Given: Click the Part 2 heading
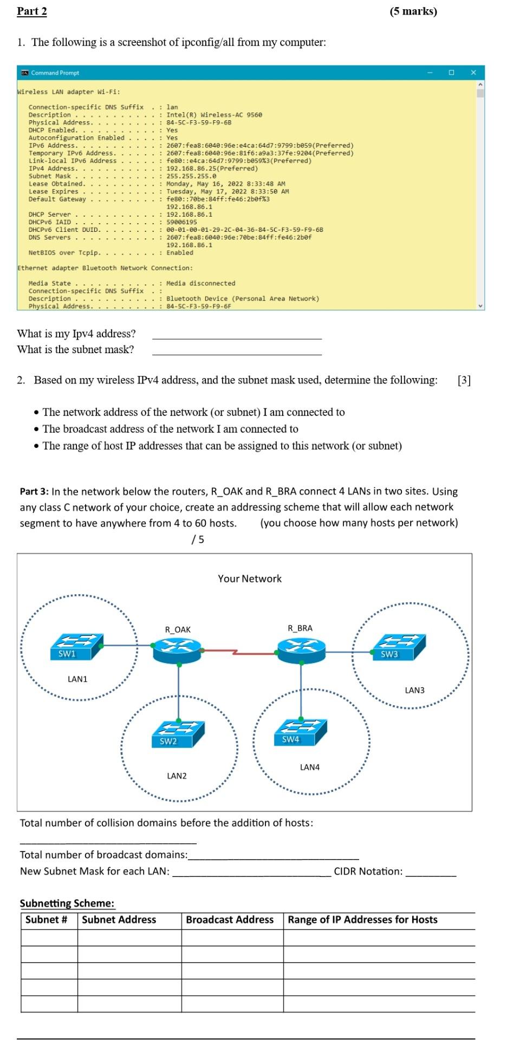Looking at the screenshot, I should [32, 11].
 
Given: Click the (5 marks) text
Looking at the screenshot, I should [413, 11].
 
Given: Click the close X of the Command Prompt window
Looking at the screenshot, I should [473, 73].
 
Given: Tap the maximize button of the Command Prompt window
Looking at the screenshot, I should [451, 73].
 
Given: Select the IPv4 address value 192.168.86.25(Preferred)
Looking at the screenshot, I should [212, 168].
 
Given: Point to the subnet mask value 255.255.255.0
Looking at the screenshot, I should [191, 176].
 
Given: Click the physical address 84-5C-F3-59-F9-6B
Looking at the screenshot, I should [199, 122].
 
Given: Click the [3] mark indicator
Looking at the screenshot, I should [464, 380].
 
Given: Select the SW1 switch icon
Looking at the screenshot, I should [76, 646].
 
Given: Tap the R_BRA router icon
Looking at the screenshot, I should [301, 648].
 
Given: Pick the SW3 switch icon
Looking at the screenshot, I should [399, 647].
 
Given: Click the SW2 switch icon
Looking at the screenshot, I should [178, 733].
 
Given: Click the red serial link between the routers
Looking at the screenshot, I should [238, 651].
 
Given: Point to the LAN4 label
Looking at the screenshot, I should [310, 767].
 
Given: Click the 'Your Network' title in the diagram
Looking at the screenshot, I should [250, 578].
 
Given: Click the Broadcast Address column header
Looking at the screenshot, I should [230, 920].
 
